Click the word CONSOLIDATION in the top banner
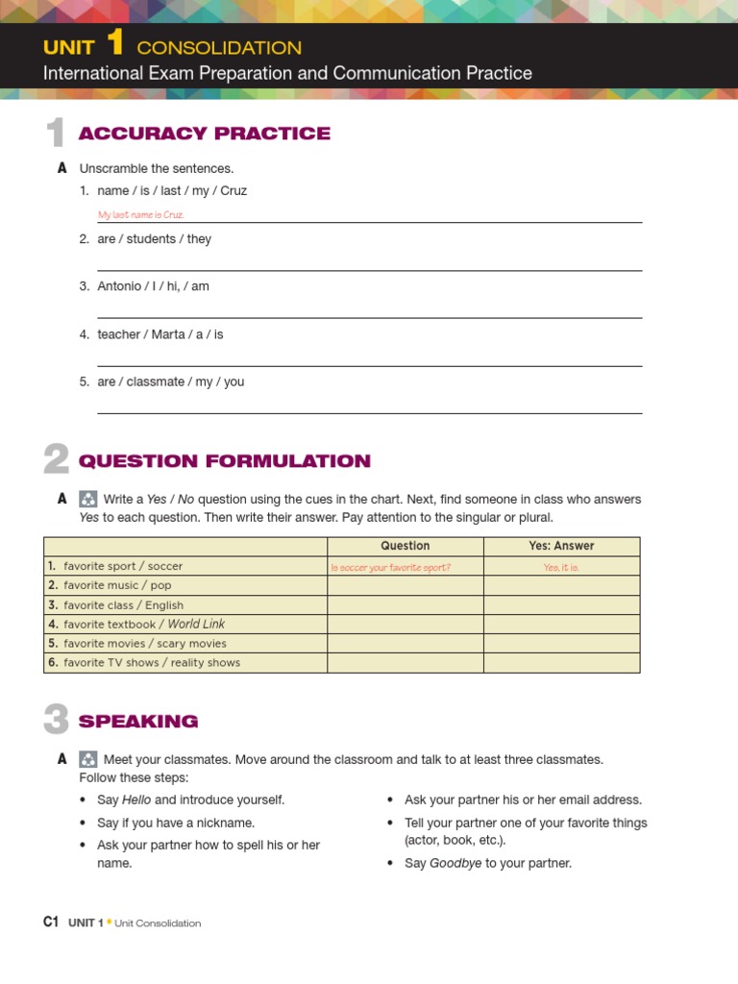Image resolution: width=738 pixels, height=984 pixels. coord(219,48)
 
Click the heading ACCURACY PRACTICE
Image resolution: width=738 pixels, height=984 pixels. coord(204,134)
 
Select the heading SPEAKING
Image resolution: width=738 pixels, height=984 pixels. coord(138,721)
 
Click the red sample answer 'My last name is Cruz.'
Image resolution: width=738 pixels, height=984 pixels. coord(141,215)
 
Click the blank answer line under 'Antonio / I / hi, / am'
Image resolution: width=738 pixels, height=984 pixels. coord(369,316)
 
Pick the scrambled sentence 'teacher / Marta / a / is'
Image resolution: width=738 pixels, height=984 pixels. coord(160,334)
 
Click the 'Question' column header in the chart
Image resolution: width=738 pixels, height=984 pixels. coord(405,546)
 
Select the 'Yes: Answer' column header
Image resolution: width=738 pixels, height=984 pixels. coord(561,546)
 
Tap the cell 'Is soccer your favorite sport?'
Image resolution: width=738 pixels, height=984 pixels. coord(391,567)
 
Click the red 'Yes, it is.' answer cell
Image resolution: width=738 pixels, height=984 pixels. coord(561,567)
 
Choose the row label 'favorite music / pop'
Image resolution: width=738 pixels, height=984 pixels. coord(117,585)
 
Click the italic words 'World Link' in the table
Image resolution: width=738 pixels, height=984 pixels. coord(196,624)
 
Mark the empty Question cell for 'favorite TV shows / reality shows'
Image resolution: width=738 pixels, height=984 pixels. coord(405,663)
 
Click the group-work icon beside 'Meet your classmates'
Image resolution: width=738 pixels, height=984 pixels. coord(87,759)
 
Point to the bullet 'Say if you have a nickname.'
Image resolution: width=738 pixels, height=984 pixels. coord(176,823)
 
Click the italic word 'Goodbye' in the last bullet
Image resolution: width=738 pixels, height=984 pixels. coord(455,863)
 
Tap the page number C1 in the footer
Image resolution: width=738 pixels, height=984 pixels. coord(52,922)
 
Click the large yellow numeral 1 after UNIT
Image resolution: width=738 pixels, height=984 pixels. coord(115,44)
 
